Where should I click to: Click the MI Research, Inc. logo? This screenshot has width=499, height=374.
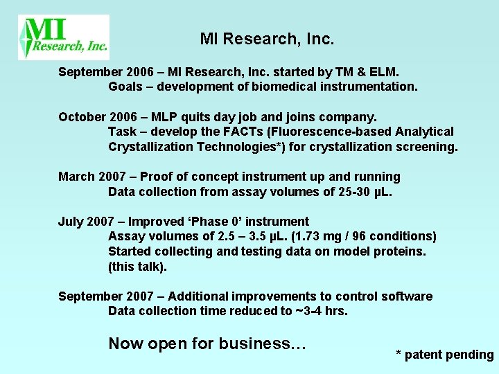click(63, 37)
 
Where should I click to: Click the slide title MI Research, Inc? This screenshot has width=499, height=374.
click(267, 39)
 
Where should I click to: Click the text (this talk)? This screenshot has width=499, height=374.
click(137, 267)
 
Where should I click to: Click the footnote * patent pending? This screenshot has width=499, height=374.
click(444, 355)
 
